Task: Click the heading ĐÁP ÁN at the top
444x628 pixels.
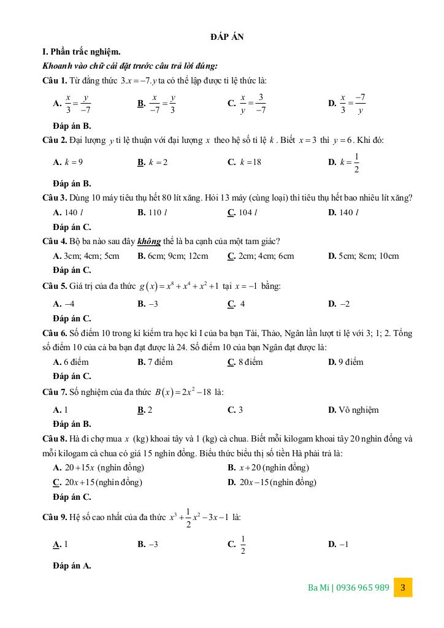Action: tap(226, 37)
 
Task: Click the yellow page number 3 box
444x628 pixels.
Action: tap(403, 587)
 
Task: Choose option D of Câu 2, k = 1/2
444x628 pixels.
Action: tap(344, 163)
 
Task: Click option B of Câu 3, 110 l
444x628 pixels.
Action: tap(153, 212)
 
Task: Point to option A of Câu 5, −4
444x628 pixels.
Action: tap(64, 304)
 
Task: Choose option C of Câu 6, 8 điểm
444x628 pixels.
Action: tap(245, 362)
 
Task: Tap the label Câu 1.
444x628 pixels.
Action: tap(55, 81)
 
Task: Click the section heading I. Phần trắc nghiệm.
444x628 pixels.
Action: tap(82, 52)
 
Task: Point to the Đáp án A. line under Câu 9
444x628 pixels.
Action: tap(72, 565)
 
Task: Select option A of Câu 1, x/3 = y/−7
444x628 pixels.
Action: tap(73, 104)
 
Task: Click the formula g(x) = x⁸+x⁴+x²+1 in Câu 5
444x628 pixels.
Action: tap(178, 286)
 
